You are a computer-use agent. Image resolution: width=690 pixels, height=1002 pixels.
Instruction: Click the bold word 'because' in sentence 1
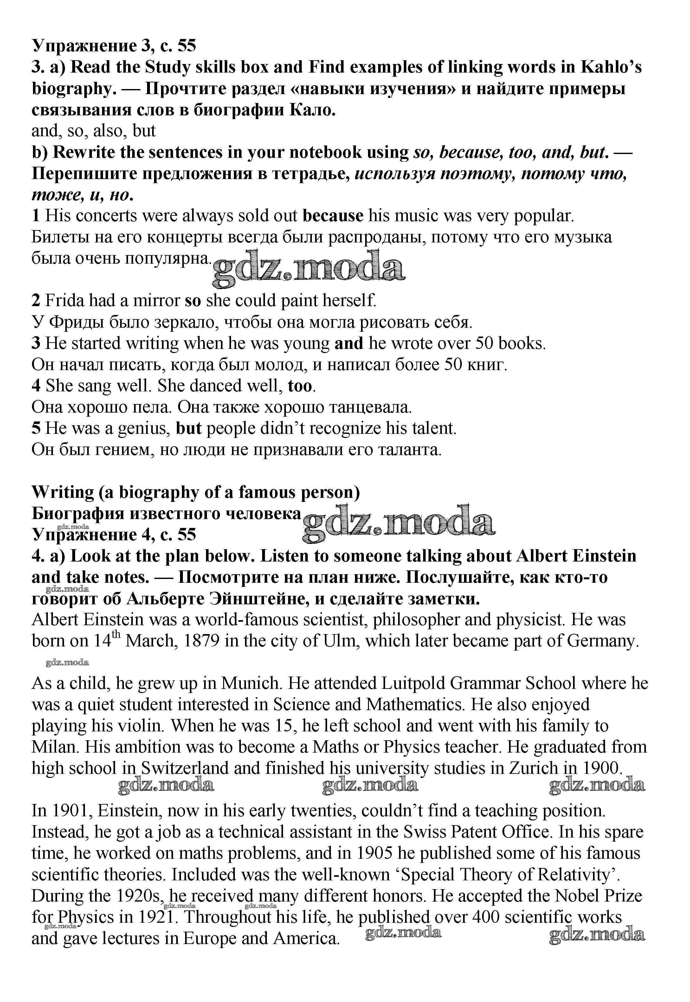(x=332, y=216)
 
